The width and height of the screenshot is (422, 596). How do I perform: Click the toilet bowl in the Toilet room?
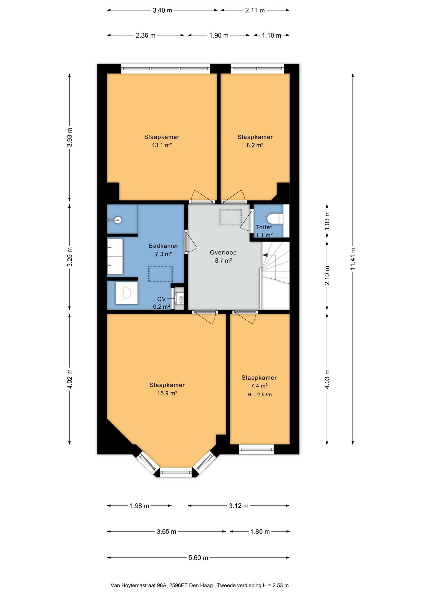(x=275, y=218)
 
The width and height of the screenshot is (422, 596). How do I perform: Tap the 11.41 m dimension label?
(x=353, y=259)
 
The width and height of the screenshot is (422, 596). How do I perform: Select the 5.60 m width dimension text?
(x=198, y=558)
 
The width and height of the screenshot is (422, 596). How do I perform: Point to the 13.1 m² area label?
(x=162, y=145)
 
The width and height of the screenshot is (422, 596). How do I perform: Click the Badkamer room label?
(x=163, y=246)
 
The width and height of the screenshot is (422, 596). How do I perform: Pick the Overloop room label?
(x=223, y=252)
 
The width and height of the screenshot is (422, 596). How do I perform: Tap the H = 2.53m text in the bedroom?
(x=259, y=395)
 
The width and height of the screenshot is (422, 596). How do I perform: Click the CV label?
(x=161, y=299)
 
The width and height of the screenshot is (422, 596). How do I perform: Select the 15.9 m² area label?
(x=167, y=393)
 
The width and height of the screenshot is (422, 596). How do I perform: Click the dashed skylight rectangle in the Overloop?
(x=231, y=217)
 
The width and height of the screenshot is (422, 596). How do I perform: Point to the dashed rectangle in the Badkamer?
(x=160, y=274)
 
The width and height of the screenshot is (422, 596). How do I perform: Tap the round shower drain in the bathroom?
(x=118, y=220)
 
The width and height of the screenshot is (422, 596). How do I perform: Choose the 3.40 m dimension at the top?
(x=162, y=10)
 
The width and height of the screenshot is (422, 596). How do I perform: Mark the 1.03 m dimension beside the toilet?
(x=327, y=221)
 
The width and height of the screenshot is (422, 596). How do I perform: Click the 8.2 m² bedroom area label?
(x=255, y=145)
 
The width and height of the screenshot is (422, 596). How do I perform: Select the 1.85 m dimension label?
(x=260, y=531)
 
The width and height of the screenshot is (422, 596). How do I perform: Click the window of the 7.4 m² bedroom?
(x=256, y=449)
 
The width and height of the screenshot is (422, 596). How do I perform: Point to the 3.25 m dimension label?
(x=70, y=257)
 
